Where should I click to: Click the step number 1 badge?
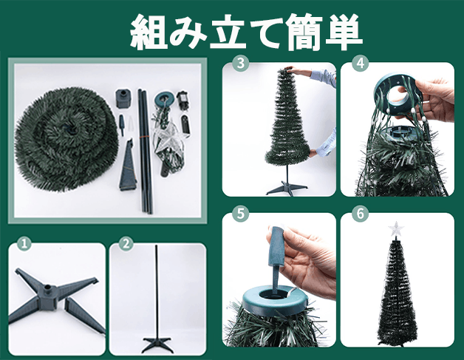tap(24, 244)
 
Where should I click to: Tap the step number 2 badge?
tap(126, 244)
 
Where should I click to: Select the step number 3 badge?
tap(240, 64)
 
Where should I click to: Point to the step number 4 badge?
tap(360, 64)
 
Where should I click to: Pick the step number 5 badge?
tap(240, 214)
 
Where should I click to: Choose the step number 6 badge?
tap(360, 214)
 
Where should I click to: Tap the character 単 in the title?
tap(344, 32)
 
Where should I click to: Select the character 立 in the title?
tap(228, 32)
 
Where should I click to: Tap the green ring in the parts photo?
tap(163, 101)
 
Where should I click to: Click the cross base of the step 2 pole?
tap(157, 344)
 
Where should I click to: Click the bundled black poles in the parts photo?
tap(145, 151)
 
